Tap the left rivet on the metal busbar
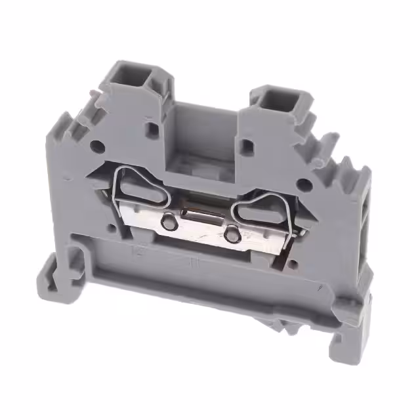point(169,223)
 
